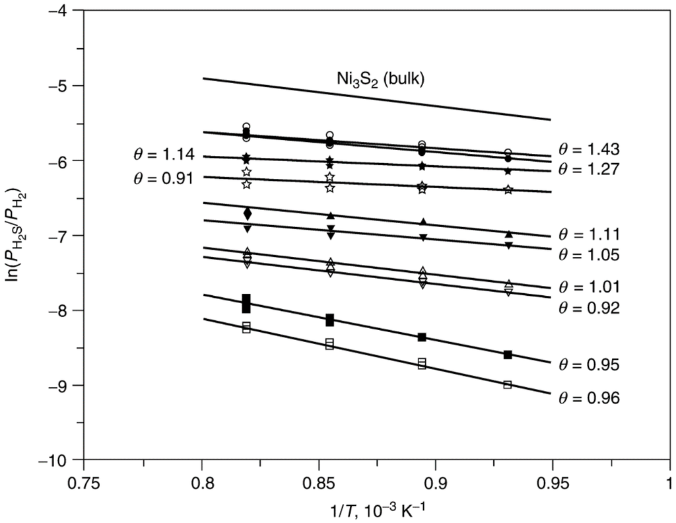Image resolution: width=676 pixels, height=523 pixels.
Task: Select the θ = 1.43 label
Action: tap(588, 149)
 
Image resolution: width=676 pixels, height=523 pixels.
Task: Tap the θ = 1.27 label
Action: tap(588, 169)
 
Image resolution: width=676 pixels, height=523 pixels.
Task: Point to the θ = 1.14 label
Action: tap(162, 155)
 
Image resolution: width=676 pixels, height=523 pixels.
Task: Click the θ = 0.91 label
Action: tap(162, 178)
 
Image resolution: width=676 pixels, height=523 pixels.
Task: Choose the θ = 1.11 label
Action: tap(588, 234)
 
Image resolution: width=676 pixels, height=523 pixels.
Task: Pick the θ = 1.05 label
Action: tap(588, 254)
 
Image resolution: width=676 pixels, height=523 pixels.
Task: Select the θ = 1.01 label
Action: tap(588, 287)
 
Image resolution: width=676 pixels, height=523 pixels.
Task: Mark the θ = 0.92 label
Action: tap(588, 307)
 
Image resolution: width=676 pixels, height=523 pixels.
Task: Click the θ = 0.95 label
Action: tap(588, 365)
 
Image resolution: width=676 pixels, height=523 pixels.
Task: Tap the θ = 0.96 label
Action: tap(588, 398)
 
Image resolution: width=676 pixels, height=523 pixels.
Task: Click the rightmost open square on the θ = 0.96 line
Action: tap(508, 384)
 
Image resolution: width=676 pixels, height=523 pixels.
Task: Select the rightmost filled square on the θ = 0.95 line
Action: tap(508, 355)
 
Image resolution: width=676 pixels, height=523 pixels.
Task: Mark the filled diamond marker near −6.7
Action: tap(248, 213)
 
